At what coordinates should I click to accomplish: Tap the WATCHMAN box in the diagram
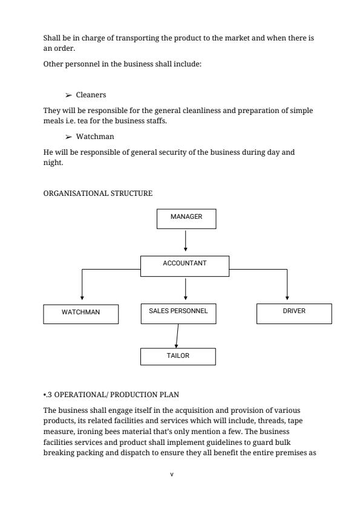pos(80,314)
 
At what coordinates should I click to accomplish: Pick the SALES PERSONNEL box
pos(178,313)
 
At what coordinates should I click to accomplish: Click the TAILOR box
pos(178,357)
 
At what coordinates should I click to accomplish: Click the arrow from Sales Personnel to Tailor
pos(177,336)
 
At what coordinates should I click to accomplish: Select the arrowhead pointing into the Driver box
pos(287,297)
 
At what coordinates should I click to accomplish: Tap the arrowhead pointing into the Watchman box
pos(82,297)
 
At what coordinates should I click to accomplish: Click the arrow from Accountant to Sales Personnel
pos(186,288)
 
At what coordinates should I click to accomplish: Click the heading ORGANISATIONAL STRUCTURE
pos(98,193)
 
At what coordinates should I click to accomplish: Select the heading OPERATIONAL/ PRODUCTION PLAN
pos(114,395)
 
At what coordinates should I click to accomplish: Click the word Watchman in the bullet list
pos(95,137)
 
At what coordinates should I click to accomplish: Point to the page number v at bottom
pos(172,474)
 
